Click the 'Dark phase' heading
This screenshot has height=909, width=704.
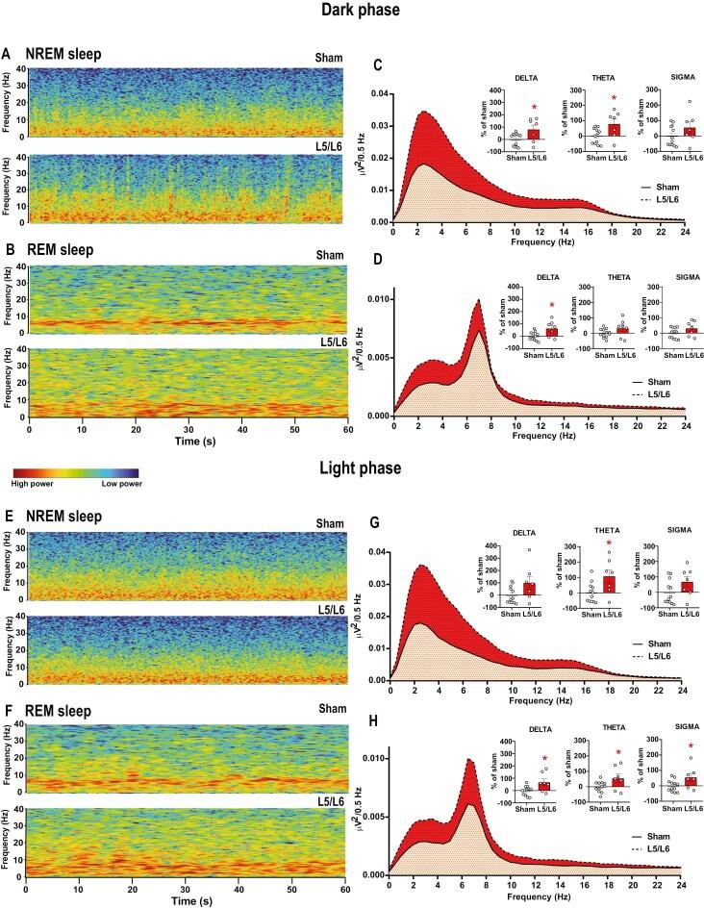[352, 11]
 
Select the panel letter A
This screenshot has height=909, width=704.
[7, 54]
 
